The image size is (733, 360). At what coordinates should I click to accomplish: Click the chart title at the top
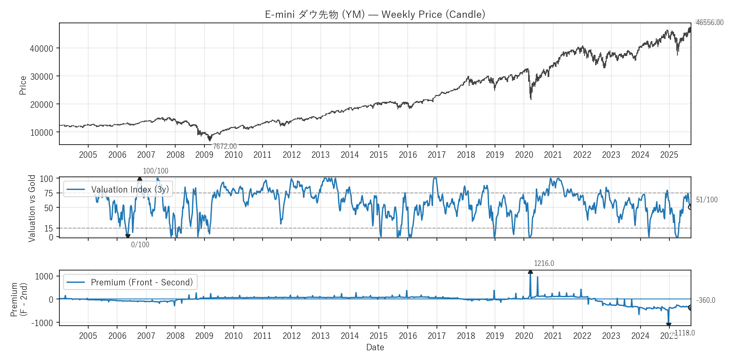pyautogui.click(x=375, y=14)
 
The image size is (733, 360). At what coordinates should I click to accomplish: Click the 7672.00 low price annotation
pyautogui.click(x=225, y=146)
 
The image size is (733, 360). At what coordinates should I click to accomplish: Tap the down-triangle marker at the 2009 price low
pyautogui.click(x=210, y=139)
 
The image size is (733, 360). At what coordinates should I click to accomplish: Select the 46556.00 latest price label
pyautogui.click(x=710, y=22)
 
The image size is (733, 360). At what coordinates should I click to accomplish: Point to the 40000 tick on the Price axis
pyautogui.click(x=42, y=48)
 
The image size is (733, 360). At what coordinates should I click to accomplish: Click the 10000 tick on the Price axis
pyautogui.click(x=42, y=132)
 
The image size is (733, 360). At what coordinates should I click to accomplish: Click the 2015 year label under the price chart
pyautogui.click(x=378, y=155)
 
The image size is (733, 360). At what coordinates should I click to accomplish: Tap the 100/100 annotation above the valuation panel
pyautogui.click(x=155, y=171)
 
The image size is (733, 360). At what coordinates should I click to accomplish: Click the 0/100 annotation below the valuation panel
pyautogui.click(x=140, y=245)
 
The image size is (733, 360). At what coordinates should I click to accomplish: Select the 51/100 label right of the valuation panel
pyautogui.click(x=707, y=200)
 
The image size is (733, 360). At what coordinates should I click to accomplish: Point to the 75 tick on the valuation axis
pyautogui.click(x=49, y=193)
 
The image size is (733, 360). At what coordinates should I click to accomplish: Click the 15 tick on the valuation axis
pyautogui.click(x=49, y=229)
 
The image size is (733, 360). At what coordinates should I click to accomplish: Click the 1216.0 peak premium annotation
pyautogui.click(x=544, y=263)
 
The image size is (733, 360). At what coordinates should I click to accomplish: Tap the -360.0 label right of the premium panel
pyautogui.click(x=706, y=300)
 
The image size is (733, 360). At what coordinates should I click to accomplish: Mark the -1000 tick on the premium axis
pyautogui.click(x=42, y=323)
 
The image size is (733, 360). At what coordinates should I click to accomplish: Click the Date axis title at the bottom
pyautogui.click(x=375, y=347)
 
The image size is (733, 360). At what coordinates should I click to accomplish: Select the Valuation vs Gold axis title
pyautogui.click(x=32, y=208)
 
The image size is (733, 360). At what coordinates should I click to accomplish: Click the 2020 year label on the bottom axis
pyautogui.click(x=524, y=336)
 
